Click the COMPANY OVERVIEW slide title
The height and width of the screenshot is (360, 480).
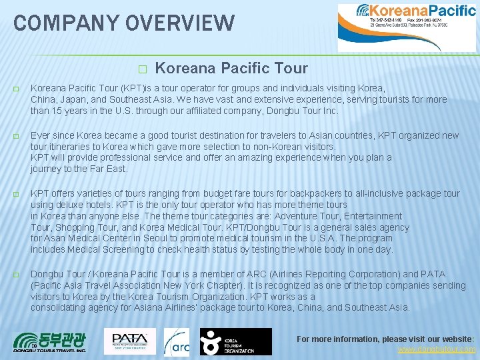coord(124,23)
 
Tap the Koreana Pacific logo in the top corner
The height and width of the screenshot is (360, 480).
coord(407,27)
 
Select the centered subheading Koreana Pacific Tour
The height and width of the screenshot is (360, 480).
coord(231,68)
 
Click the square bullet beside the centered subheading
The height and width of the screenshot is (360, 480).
coord(141,69)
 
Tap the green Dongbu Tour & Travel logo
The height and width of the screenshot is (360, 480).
coord(50,341)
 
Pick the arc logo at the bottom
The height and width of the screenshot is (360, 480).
coord(177,341)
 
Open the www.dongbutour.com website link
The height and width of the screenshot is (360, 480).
coord(437,349)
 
